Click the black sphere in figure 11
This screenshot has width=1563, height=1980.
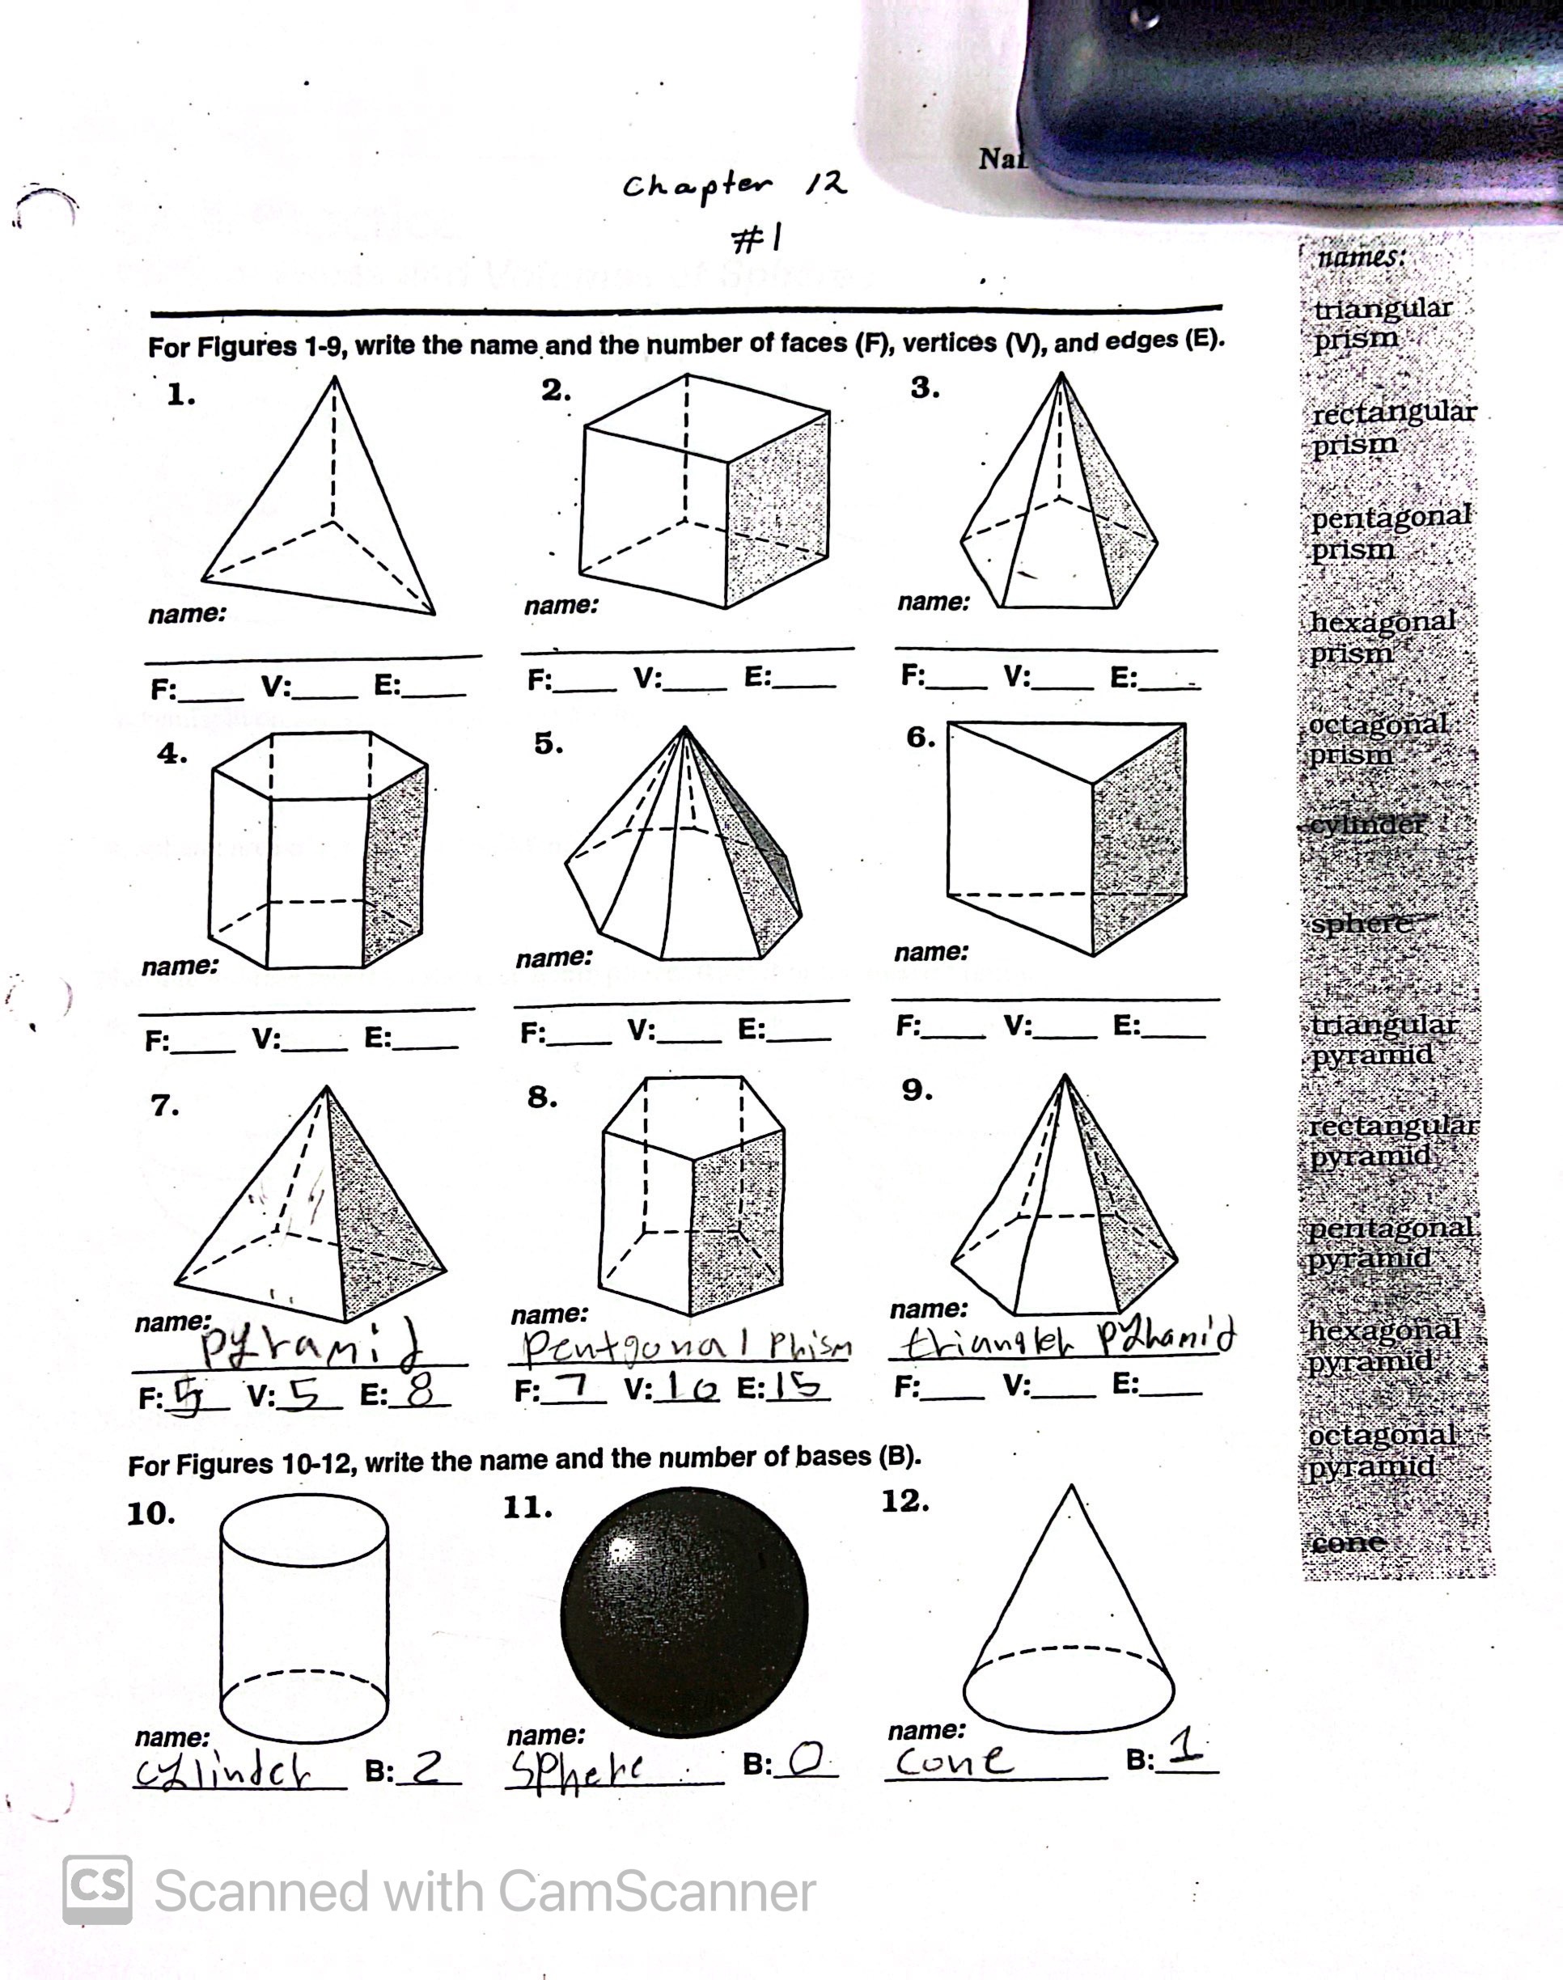[684, 1612]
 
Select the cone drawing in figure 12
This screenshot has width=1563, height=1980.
[1069, 1638]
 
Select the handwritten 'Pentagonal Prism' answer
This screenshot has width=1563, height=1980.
[686, 1345]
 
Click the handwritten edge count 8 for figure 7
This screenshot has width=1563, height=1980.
[420, 1393]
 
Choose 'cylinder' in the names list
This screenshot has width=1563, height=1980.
[1367, 824]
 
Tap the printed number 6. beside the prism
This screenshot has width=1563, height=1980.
[921, 738]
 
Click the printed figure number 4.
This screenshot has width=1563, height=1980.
[172, 754]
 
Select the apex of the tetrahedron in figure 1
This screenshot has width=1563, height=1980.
[334, 379]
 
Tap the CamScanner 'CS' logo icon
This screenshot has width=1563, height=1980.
[97, 1890]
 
